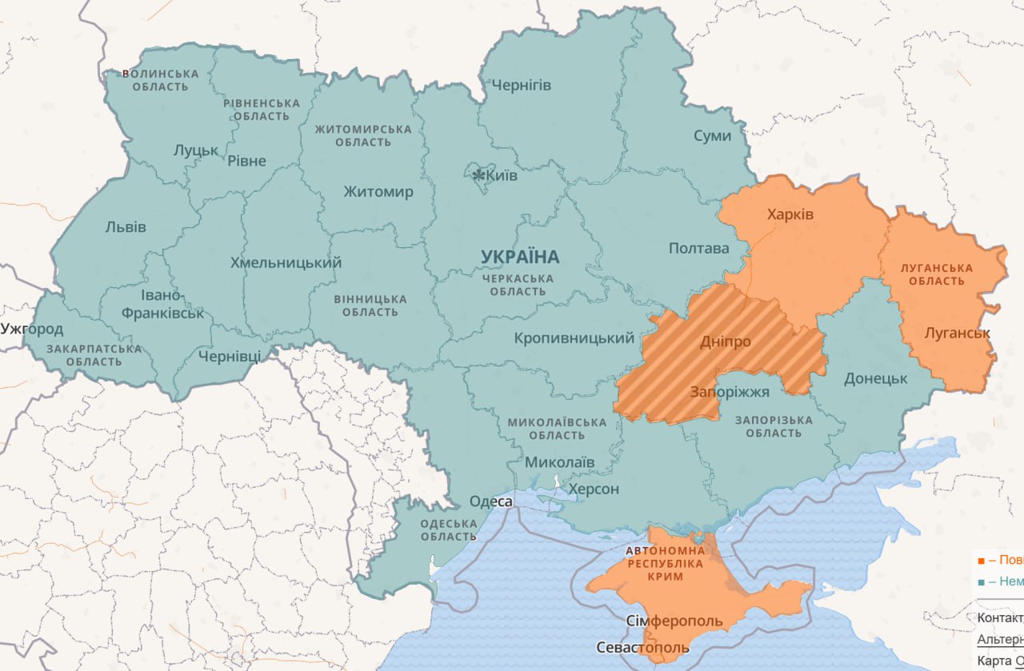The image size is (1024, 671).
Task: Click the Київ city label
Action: (x=501, y=175)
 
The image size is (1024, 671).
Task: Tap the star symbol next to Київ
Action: (x=478, y=174)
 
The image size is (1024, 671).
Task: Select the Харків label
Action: (x=790, y=214)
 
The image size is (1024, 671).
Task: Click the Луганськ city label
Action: (x=957, y=333)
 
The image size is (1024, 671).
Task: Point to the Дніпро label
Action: (x=725, y=341)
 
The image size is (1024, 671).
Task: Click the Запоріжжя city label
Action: (x=730, y=392)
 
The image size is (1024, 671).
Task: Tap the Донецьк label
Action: (x=875, y=378)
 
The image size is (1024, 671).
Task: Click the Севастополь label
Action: (x=642, y=647)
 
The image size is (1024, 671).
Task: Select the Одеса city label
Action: (x=490, y=501)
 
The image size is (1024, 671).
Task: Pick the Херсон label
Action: (x=593, y=489)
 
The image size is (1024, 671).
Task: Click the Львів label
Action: (x=126, y=226)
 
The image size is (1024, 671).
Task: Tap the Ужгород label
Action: (x=32, y=329)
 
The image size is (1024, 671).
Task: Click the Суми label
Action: (x=712, y=136)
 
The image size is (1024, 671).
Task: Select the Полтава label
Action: (x=698, y=248)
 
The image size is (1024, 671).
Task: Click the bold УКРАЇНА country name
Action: (x=520, y=257)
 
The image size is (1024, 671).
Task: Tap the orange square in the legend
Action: (x=981, y=560)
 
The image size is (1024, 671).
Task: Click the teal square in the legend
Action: (x=981, y=581)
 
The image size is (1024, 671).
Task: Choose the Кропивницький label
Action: (x=574, y=338)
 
